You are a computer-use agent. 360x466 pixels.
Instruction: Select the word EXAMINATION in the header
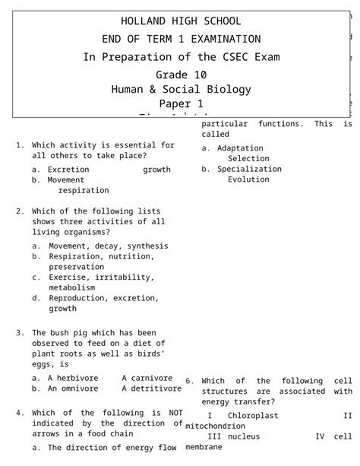(x=221, y=39)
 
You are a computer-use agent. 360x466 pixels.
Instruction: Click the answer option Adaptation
(x=240, y=148)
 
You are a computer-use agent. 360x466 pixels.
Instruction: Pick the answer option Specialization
(x=249, y=169)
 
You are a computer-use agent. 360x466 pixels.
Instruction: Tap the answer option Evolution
(x=248, y=179)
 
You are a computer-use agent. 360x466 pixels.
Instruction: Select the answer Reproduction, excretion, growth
(x=104, y=299)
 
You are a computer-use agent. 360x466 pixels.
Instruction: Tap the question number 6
(x=189, y=381)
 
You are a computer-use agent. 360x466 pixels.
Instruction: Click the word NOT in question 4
(x=175, y=413)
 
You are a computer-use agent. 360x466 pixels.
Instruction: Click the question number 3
(x=19, y=332)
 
